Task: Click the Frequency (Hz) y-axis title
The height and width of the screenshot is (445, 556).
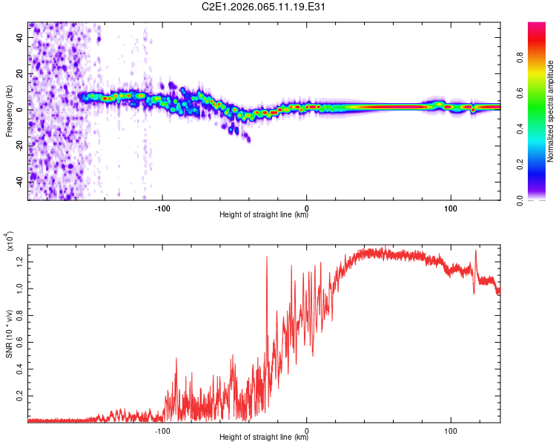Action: click(x=9, y=111)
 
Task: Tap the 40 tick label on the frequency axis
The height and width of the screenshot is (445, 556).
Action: click(x=21, y=39)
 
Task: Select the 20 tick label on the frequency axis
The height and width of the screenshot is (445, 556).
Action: click(x=21, y=74)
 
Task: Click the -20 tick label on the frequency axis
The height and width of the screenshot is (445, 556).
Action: click(x=21, y=145)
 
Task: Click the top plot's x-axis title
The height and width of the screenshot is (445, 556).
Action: click(x=264, y=215)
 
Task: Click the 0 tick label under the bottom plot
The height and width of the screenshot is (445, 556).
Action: click(x=307, y=428)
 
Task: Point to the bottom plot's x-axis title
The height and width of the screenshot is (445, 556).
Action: click(x=264, y=438)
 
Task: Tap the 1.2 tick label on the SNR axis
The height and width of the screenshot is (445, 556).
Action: click(x=21, y=260)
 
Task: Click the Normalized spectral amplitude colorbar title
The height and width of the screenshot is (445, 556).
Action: click(x=550, y=111)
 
